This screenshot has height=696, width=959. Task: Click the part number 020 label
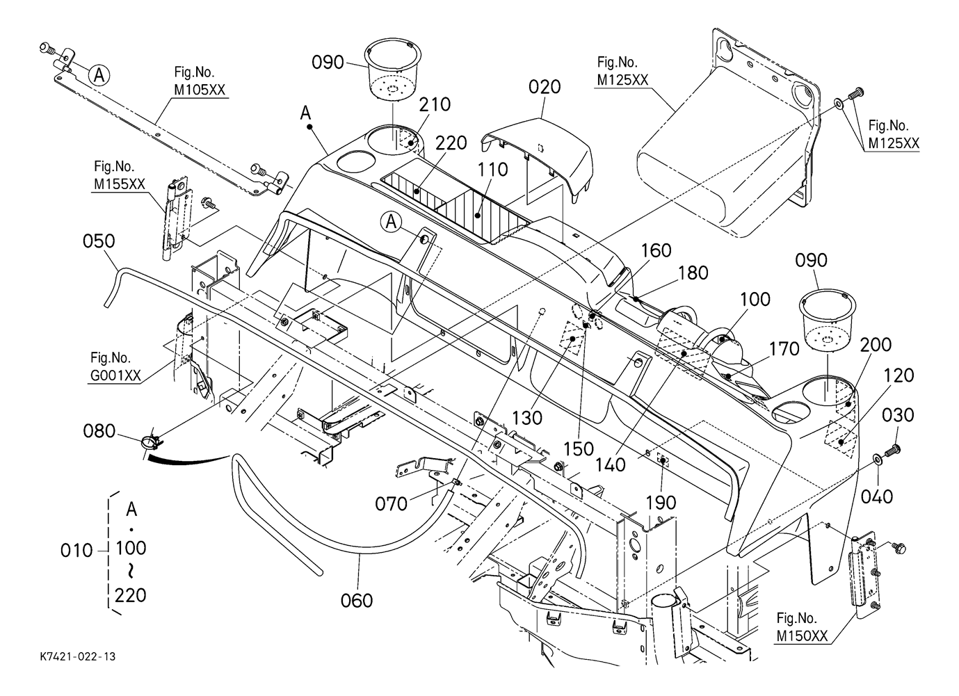pos(545,88)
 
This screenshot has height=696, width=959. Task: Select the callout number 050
pos(99,241)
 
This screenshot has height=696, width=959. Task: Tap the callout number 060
pos(357,599)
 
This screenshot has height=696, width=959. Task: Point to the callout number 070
pos(391,503)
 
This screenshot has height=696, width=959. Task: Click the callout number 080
pos(99,432)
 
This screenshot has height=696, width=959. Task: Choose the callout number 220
pos(451,144)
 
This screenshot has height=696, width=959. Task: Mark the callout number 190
pos(661,502)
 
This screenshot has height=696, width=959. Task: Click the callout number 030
pos(898,415)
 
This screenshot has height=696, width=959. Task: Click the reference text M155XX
pos(120,184)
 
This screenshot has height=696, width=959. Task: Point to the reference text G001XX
pos(115,376)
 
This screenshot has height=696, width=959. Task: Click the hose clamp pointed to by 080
pos(150,442)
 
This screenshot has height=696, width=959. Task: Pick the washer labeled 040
pos(878,458)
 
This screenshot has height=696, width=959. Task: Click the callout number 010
pos(76,551)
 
